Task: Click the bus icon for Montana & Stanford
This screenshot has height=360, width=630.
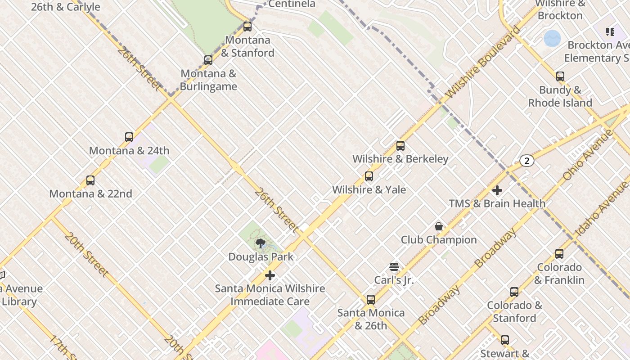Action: point(247,27)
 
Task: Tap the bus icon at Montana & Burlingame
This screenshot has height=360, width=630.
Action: point(208,60)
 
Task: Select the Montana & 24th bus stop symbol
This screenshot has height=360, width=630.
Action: point(129,137)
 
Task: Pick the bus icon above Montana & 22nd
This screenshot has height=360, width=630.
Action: point(90,180)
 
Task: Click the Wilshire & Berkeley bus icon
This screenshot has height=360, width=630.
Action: point(400,146)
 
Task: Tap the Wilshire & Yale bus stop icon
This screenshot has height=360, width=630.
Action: point(369,176)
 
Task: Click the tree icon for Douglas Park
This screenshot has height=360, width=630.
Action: point(260,244)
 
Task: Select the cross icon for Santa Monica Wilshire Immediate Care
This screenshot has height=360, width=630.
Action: point(270,275)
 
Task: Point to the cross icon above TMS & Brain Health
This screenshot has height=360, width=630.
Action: point(497,190)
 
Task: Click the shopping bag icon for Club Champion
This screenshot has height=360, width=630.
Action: point(439,226)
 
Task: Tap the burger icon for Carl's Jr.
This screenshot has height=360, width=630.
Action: point(394,267)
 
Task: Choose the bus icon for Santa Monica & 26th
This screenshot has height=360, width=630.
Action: point(371,299)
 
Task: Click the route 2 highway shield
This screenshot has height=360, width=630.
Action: point(527,161)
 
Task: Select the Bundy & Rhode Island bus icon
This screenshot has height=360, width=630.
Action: point(560,76)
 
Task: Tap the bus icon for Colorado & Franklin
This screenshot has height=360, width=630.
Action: point(559,254)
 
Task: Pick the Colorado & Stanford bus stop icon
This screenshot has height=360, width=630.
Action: point(514,292)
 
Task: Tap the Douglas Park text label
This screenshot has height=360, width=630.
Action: point(261,257)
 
